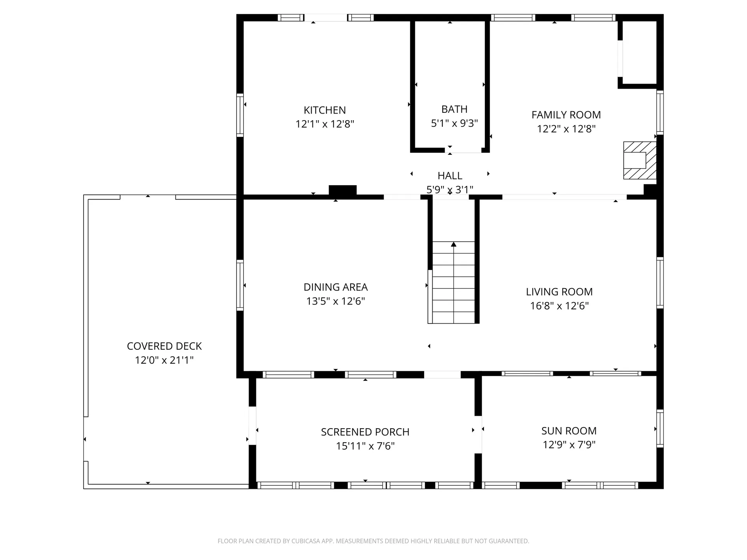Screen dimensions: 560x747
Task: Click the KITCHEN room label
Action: tap(324, 110)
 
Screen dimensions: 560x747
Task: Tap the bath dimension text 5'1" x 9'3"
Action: tap(454, 123)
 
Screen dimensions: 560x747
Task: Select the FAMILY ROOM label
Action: tap(566, 115)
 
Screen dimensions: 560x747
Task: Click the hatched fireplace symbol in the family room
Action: tap(640, 160)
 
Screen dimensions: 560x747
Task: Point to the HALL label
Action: tap(450, 176)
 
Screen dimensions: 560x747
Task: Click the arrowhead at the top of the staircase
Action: tap(454, 244)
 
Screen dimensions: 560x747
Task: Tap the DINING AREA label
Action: tap(335, 287)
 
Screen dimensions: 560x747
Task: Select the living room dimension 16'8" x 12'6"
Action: tap(559, 306)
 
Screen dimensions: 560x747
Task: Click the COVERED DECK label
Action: tap(164, 346)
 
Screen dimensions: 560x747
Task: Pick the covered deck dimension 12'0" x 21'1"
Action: tap(164, 360)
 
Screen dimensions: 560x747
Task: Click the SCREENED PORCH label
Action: tap(365, 432)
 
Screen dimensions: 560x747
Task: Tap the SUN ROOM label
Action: tap(569, 431)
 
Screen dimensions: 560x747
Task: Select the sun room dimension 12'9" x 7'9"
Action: tap(569, 444)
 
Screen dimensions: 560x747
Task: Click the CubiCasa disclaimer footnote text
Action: tap(373, 541)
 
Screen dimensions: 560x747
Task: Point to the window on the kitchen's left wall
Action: tap(240, 115)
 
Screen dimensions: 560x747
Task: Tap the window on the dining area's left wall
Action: tap(240, 285)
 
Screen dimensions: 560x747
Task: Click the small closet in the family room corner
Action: tap(639, 52)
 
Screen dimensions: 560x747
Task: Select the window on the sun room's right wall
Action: tap(660, 429)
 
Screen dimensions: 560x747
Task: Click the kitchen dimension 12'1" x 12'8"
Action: tap(324, 124)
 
